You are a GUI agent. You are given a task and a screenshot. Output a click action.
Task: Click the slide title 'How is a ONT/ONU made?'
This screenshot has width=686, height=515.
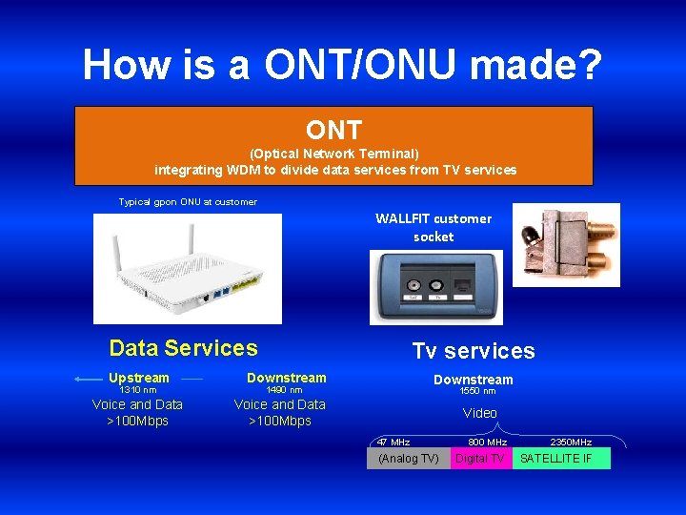tap(342, 65)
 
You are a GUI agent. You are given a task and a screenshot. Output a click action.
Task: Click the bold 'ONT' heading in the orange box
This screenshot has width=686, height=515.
tap(333, 130)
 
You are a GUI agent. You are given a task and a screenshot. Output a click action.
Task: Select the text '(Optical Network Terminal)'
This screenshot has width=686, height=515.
tap(333, 154)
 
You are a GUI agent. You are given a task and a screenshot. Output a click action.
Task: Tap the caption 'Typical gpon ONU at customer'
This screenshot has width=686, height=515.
tap(188, 202)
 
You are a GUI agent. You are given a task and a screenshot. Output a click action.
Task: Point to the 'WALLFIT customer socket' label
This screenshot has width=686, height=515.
tap(434, 227)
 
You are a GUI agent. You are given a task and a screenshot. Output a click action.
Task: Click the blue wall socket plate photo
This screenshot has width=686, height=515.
tap(435, 287)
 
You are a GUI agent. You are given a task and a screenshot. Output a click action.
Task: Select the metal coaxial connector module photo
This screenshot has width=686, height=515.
tap(566, 244)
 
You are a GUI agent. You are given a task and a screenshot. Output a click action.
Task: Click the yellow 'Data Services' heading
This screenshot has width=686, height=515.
tap(183, 348)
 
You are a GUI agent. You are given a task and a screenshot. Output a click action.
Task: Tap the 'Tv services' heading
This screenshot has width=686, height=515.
tap(474, 351)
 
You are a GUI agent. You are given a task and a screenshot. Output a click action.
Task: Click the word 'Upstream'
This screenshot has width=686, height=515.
tap(139, 378)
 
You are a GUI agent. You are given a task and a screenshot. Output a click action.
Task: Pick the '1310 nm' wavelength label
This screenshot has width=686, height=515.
tap(138, 390)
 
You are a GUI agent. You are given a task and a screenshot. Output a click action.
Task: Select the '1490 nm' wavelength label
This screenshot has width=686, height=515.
tap(284, 390)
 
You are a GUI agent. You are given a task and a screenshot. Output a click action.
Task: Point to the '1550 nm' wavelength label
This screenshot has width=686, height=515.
tap(477, 391)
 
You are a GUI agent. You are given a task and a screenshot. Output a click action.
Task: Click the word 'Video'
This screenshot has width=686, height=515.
tap(479, 413)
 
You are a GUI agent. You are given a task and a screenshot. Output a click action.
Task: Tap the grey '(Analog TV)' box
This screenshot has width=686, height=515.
tap(409, 459)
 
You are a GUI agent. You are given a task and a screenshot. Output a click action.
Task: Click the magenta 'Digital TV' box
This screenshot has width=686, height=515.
tap(480, 459)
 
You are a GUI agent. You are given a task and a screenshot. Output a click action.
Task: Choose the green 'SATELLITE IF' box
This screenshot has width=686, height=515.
tap(560, 459)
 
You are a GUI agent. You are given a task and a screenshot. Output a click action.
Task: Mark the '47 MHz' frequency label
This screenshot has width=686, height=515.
tap(393, 443)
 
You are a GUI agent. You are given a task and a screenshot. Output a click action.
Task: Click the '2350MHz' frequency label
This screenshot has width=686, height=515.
tap(571, 443)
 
